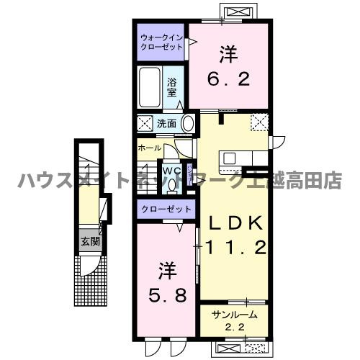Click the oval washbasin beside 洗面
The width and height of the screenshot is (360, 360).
pyautogui.click(x=188, y=123)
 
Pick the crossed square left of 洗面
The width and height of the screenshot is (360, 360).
pyautogui.click(x=144, y=123)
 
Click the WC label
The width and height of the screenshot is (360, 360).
pyautogui.click(x=171, y=171)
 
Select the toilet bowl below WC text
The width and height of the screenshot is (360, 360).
pyautogui.click(x=171, y=184)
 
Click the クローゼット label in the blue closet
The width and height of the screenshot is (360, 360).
pyautogui.click(x=166, y=209)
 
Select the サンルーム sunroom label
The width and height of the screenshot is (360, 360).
pyautogui.click(x=234, y=315)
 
